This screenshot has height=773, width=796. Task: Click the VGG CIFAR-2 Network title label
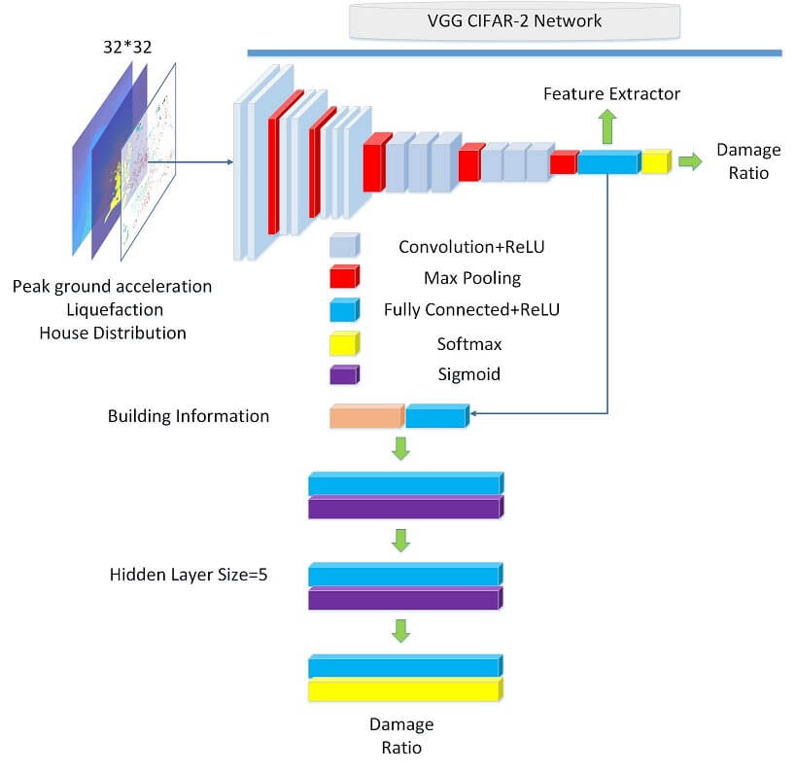(x=515, y=20)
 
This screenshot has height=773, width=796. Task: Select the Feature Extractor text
(x=611, y=94)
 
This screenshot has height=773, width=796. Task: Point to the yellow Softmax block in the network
(x=656, y=161)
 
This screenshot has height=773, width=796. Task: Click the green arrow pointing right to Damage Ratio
(x=690, y=161)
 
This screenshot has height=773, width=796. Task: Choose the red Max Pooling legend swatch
(x=344, y=279)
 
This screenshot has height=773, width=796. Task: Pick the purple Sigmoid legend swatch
(x=344, y=375)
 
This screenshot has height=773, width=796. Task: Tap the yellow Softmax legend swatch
(x=344, y=343)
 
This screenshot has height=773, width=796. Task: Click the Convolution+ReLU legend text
(x=471, y=247)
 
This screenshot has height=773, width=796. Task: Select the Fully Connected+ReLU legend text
(x=471, y=311)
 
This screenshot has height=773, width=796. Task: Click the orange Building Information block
(x=366, y=417)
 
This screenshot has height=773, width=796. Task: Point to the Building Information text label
(x=189, y=416)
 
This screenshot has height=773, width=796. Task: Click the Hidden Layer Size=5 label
(x=189, y=575)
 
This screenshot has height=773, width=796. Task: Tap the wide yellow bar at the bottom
(x=405, y=690)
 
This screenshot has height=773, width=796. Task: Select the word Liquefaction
(x=113, y=309)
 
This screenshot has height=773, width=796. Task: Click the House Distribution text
(x=113, y=333)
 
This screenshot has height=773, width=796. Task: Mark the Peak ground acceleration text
(x=113, y=287)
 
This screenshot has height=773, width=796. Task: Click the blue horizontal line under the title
(x=514, y=53)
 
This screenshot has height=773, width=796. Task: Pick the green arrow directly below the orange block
(x=399, y=449)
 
